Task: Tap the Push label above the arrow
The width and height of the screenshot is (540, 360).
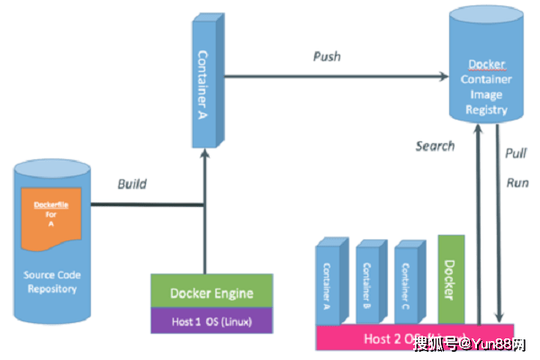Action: [327, 57]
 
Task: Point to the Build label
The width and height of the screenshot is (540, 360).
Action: [132, 184]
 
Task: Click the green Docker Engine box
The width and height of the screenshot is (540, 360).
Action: [211, 292]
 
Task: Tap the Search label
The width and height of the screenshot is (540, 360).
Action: [435, 145]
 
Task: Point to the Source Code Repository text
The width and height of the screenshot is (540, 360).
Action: [52, 283]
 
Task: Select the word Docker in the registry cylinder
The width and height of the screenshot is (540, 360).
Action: [487, 65]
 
